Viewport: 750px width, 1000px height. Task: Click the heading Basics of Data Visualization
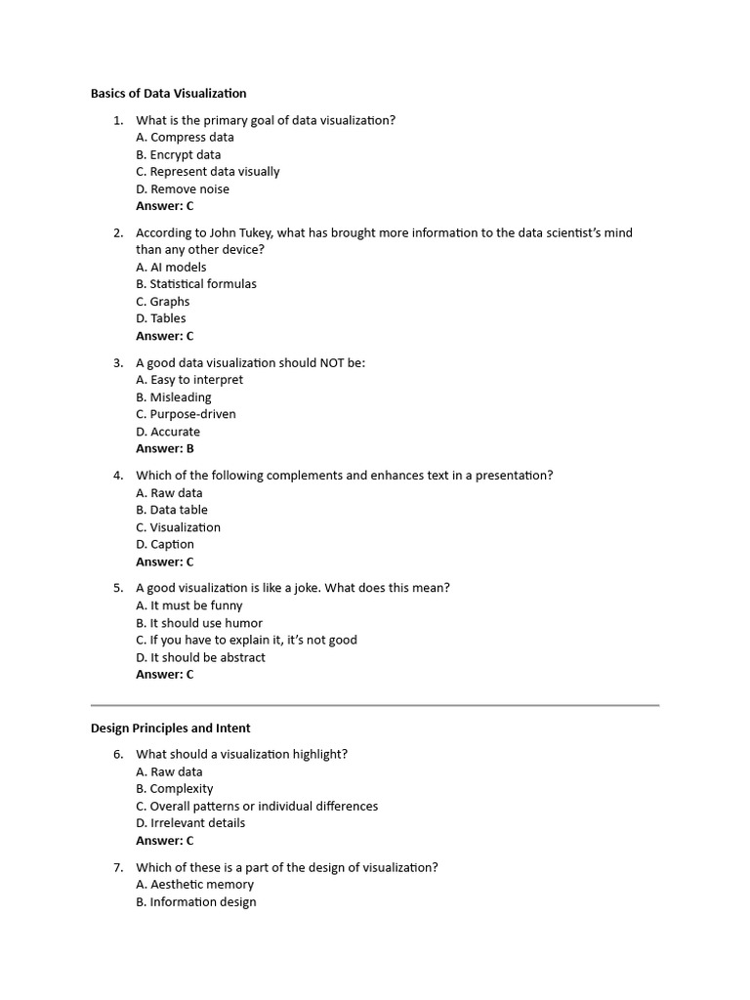pyautogui.click(x=168, y=94)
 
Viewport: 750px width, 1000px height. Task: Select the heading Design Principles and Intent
pyautogui.click(x=170, y=729)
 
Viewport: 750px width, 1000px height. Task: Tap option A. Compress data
pyautogui.click(x=185, y=138)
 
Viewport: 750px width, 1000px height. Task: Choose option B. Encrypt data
pyautogui.click(x=178, y=154)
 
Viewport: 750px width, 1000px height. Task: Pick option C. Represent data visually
pyautogui.click(x=207, y=172)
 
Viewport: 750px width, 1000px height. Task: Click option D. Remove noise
pyautogui.click(x=183, y=189)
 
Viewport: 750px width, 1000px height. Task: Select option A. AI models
pyautogui.click(x=171, y=268)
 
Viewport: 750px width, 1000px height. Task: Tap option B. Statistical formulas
pyautogui.click(x=196, y=284)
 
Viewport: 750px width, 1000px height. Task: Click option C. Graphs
pyautogui.click(x=162, y=302)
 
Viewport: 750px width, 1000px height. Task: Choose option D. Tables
pyautogui.click(x=160, y=318)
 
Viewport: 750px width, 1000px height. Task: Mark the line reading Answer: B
pyautogui.click(x=164, y=449)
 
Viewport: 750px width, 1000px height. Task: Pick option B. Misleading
pyautogui.click(x=173, y=397)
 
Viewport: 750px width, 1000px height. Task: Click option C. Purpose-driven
pyautogui.click(x=186, y=414)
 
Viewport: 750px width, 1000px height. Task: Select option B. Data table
pyautogui.click(x=171, y=510)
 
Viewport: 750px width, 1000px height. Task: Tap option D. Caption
pyautogui.click(x=164, y=545)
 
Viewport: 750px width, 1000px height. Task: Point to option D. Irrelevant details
pyautogui.click(x=190, y=823)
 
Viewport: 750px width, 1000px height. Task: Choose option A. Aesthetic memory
pyautogui.click(x=194, y=885)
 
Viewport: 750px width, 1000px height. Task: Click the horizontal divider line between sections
pyautogui.click(x=375, y=704)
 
